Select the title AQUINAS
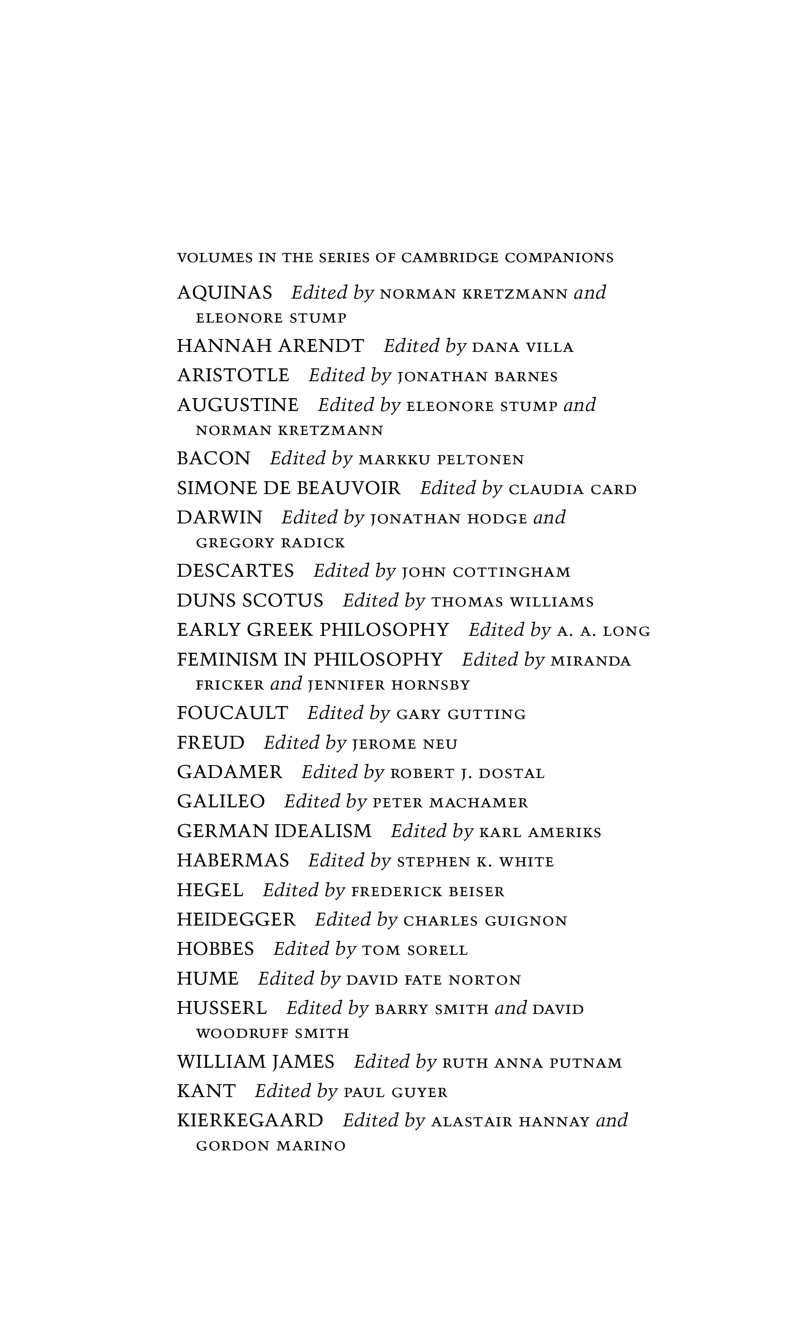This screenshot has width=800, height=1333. (x=225, y=292)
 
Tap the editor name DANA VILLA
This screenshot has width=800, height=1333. (x=522, y=347)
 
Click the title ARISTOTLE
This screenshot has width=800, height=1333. (x=233, y=375)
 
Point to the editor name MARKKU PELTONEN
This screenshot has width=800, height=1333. (x=441, y=459)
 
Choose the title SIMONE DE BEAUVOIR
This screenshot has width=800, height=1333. (x=288, y=488)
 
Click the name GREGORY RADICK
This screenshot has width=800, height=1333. (x=270, y=543)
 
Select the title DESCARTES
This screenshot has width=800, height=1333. (x=235, y=571)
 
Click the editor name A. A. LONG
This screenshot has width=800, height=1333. (x=603, y=631)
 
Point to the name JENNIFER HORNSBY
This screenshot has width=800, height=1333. (x=389, y=685)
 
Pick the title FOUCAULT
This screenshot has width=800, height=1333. (x=232, y=713)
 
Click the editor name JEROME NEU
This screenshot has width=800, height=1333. (x=404, y=744)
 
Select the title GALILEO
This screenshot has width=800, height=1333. (x=220, y=801)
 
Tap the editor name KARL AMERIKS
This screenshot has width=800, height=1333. (x=540, y=832)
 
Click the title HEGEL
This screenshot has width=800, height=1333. (x=210, y=890)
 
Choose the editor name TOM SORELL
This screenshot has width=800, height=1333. (x=415, y=950)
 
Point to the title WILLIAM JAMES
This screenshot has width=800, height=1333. (x=256, y=1062)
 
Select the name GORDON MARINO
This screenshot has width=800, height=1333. (x=271, y=1146)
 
